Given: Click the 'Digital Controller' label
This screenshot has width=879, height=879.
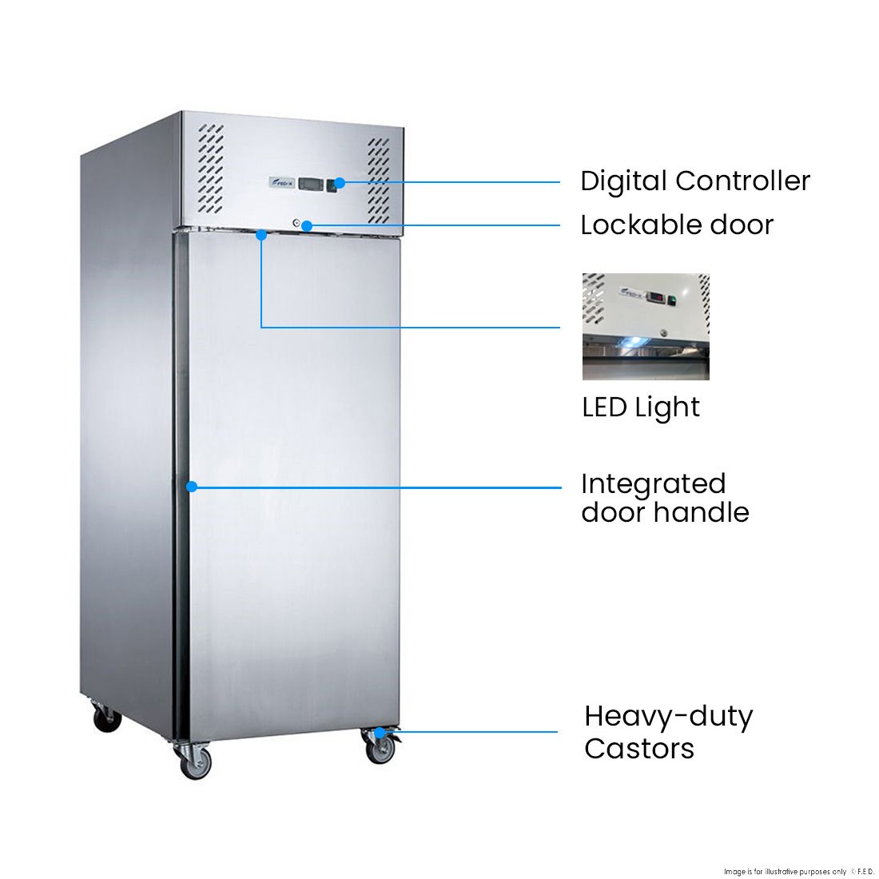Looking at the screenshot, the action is pos(694,181).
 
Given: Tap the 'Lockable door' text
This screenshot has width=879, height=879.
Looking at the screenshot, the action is pos(676,225).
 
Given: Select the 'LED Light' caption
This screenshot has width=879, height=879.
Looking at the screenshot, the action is pos(640,408).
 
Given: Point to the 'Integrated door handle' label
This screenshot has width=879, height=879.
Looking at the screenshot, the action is pos(664,498).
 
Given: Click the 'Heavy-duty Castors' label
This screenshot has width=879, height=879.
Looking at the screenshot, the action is pos(667,732).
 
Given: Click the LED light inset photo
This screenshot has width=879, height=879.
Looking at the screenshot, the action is pos(646,327).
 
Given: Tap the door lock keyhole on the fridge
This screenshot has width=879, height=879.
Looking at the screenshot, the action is pos(296,224).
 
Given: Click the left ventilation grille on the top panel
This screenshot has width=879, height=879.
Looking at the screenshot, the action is pos(211,169).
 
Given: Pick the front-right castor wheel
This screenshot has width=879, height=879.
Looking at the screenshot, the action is pos(380,749).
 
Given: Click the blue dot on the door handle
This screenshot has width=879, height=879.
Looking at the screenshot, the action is pos(192,486).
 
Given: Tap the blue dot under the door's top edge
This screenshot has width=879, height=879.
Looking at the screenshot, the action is pos(261,235).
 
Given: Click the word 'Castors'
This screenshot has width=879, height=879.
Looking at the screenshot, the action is pos(638,749).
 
